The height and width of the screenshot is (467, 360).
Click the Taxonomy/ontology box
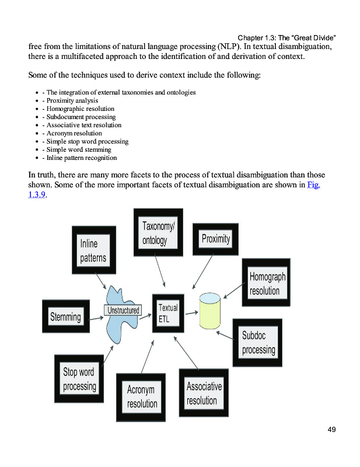(x=158, y=232)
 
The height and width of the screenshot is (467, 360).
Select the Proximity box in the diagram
(x=215, y=238)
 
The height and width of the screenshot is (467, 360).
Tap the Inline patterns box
(x=93, y=250)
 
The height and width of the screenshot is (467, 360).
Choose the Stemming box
(x=65, y=317)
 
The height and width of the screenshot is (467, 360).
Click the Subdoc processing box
(x=258, y=342)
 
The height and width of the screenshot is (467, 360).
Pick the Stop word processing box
(x=79, y=379)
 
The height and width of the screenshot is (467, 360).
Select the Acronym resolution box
(x=142, y=396)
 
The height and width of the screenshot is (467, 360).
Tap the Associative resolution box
(x=203, y=393)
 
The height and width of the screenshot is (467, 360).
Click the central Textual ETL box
(x=168, y=313)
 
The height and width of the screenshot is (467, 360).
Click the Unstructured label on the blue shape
(x=124, y=311)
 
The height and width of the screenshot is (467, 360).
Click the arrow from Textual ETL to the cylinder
(x=191, y=313)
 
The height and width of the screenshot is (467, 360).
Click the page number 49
(x=331, y=430)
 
